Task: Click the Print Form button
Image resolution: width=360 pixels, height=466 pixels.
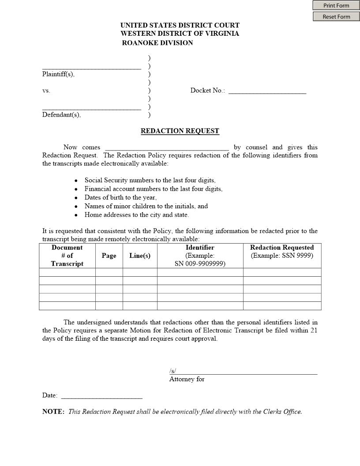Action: pyautogui.click(x=336, y=5)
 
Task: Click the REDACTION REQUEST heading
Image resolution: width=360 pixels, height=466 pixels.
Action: pyautogui.click(x=180, y=131)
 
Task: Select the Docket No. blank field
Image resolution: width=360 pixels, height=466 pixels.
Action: pyautogui.click(x=267, y=90)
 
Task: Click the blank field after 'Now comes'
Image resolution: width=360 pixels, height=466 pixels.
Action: pyautogui.click(x=167, y=147)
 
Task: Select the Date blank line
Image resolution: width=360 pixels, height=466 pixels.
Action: pyautogui.click(x=101, y=395)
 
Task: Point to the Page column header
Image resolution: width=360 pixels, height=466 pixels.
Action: pyautogui.click(x=109, y=256)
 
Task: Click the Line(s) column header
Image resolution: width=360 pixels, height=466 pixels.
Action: pyautogui.click(x=140, y=256)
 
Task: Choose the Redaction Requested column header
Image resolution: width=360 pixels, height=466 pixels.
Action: pyautogui.click(x=282, y=248)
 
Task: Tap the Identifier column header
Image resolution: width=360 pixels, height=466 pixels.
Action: pyautogui.click(x=200, y=248)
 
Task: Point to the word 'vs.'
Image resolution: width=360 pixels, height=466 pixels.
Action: pyautogui.click(x=46, y=90)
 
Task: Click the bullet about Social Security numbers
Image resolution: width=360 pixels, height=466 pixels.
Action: pyautogui.click(x=150, y=180)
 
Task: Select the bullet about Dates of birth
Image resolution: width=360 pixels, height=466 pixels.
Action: pyautogui.click(x=120, y=198)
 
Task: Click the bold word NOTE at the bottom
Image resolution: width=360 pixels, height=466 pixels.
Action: pyautogui.click(x=53, y=412)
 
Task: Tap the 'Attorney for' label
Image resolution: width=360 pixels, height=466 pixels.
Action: pyautogui.click(x=187, y=379)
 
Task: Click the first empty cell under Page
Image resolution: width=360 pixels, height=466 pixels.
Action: pyautogui.click(x=109, y=272)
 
